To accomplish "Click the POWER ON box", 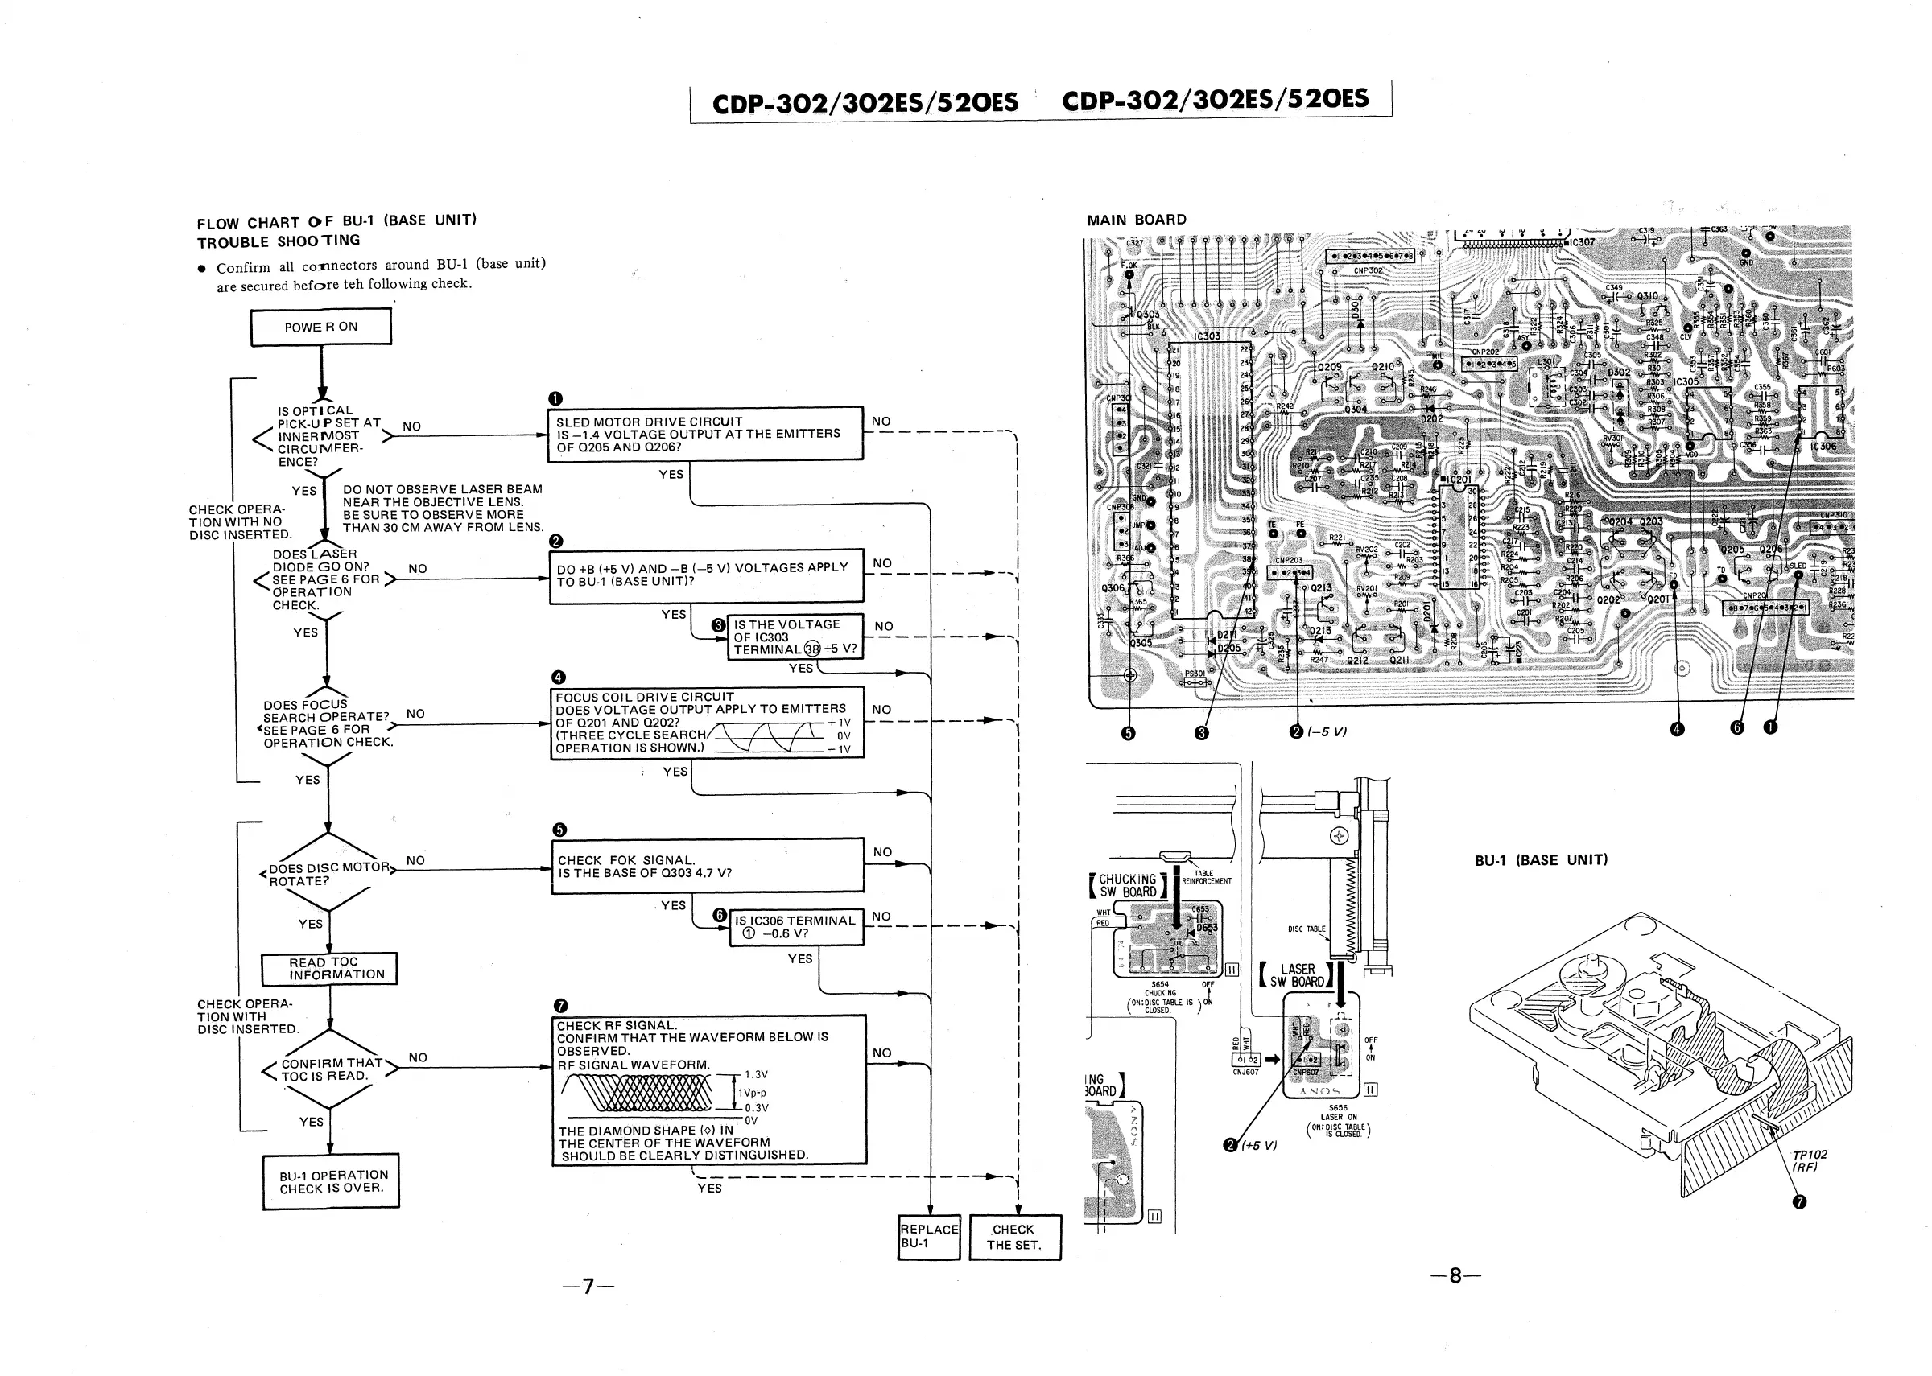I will (x=320, y=327).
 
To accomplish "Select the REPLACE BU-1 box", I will (x=929, y=1236).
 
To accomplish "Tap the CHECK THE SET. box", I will (x=1013, y=1237).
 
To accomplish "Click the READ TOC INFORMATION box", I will (x=329, y=969).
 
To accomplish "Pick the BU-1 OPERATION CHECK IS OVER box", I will (x=331, y=1181).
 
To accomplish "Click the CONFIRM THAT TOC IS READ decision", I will (x=328, y=1069).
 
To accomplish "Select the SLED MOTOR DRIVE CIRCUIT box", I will (x=705, y=434).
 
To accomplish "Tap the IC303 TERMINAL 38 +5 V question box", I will (x=794, y=637).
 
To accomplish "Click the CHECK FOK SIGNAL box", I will (x=707, y=866).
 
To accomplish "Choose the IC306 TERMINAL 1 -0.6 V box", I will (x=795, y=927).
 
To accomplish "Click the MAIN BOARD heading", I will (x=1137, y=220).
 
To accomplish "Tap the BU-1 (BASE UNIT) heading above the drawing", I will (x=1541, y=860).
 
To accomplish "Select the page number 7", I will (x=587, y=1286).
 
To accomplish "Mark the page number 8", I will (x=1455, y=1275).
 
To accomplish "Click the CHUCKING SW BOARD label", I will (x=1127, y=885).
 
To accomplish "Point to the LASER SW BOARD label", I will (x=1297, y=975).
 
